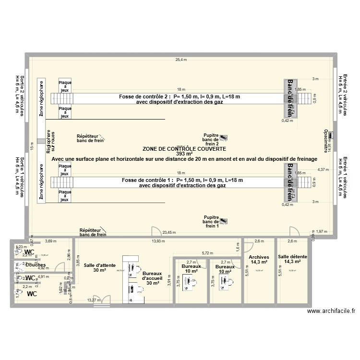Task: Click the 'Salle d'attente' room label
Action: click(x=96, y=268)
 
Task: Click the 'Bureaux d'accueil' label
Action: click(x=152, y=278)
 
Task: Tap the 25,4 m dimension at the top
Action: click(x=180, y=60)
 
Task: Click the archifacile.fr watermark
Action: click(x=331, y=311)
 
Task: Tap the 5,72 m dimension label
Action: click(x=207, y=252)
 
